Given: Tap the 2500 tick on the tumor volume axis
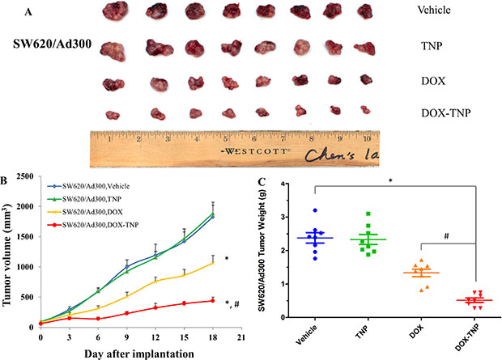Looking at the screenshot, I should [x=27, y=176].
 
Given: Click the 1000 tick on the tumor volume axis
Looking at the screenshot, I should [x=27, y=267].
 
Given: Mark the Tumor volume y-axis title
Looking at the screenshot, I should [x=8, y=251].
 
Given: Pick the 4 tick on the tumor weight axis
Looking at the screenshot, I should [x=292, y=184].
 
